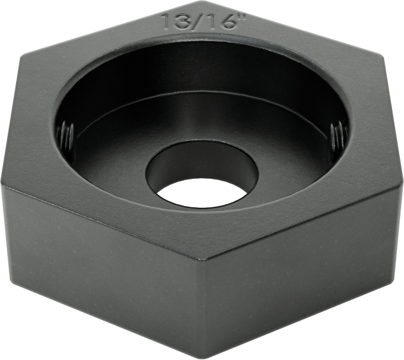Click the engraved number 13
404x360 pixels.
point(172,21)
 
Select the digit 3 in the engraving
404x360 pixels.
point(178,21)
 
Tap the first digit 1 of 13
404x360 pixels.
point(165,21)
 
